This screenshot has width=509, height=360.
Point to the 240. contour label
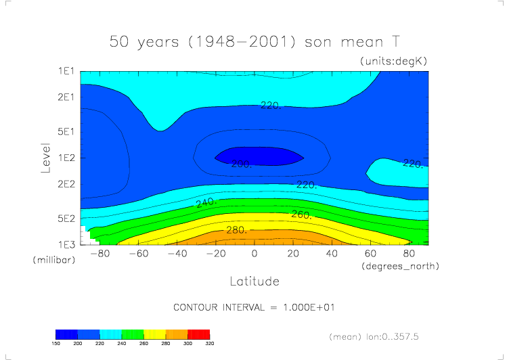coord(206,202)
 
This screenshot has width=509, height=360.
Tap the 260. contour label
coord(301,215)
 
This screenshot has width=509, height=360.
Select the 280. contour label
coord(236,230)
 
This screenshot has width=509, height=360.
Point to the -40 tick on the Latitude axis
coord(177,254)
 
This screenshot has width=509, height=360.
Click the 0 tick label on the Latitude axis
coord(255,254)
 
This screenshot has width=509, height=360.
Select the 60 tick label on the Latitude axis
coord(370,254)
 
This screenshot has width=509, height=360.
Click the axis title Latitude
coord(254,280)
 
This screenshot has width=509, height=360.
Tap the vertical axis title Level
coord(46,157)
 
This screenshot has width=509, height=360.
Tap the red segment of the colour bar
coord(199,334)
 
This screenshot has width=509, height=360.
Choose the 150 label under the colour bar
coord(56,344)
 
